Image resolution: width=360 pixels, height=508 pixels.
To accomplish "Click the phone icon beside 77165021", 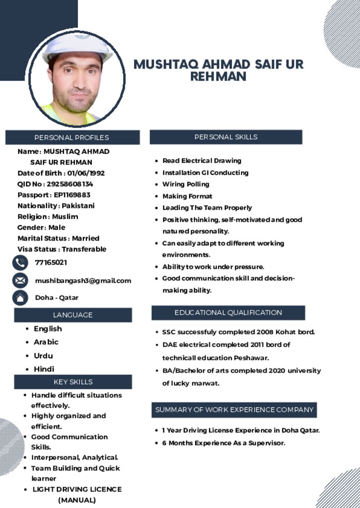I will (20, 262).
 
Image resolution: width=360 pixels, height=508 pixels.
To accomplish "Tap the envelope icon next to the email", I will (20, 280).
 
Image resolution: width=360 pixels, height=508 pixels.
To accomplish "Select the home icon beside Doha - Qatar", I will (20, 298).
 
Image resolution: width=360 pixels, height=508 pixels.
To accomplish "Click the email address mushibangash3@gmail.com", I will (83, 281).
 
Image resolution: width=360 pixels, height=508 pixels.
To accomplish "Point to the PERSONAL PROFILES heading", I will (72, 137).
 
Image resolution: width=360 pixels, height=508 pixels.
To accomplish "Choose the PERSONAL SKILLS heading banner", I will (226, 137).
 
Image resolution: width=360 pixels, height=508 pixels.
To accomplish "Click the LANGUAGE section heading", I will (73, 315).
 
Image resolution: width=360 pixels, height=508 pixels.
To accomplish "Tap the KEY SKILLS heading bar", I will (73, 382).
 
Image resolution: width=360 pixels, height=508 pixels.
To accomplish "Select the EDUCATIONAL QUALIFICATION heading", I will (228, 313).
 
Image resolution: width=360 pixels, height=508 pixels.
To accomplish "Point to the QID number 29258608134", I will (70, 184).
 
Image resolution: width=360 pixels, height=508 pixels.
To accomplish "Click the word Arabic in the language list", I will (46, 342).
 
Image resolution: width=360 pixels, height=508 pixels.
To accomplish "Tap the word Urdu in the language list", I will (43, 356).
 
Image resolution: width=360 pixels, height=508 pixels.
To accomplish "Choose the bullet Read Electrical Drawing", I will (202, 161).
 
